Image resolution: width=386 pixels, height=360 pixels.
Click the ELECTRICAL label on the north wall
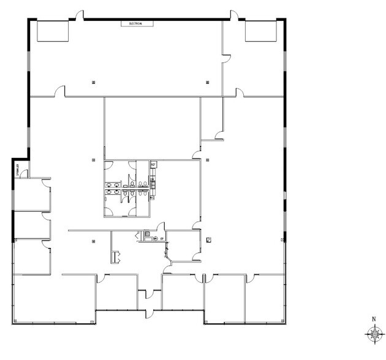(x=135, y=24)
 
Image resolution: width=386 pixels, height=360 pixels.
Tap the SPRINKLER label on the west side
(x=17, y=168)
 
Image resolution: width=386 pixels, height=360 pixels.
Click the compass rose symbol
(x=373, y=334)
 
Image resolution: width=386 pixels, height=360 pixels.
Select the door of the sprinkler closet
(x=23, y=175)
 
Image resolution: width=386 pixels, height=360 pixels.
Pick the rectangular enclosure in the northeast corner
(x=262, y=31)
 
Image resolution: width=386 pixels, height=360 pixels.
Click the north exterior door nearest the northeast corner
(x=233, y=15)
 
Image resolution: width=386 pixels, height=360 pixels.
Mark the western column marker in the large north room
(x=93, y=81)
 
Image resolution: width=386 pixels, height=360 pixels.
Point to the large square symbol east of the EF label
(x=209, y=238)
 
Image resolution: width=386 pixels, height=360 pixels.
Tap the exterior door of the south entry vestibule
(x=149, y=314)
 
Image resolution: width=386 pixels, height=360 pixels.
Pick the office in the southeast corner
(x=265, y=299)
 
